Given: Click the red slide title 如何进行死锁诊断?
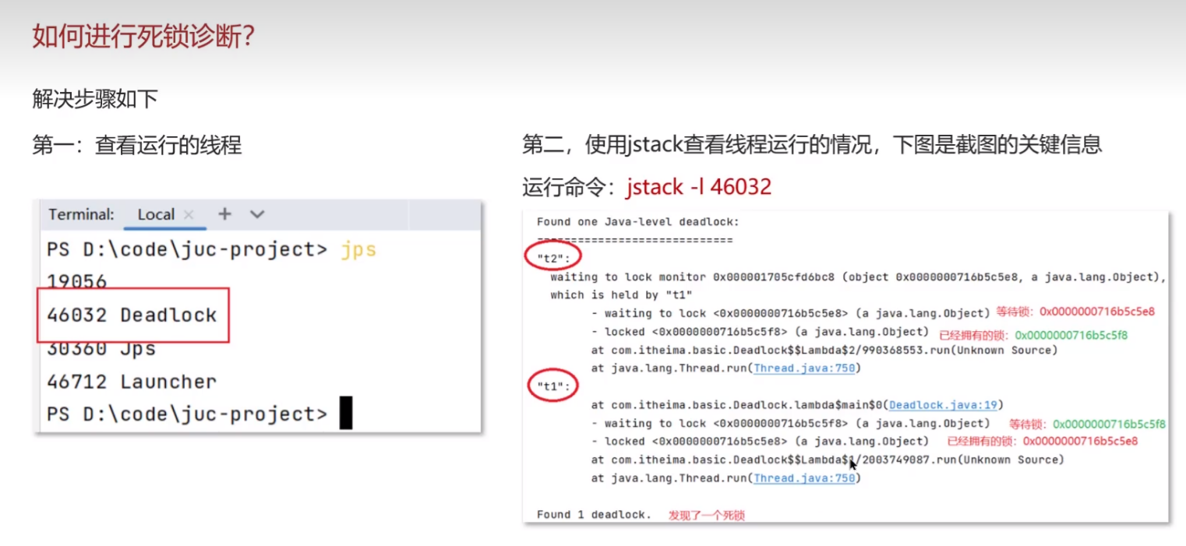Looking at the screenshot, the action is point(143,36).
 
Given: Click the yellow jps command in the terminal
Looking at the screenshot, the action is point(358,249).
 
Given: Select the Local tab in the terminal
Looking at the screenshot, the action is point(156,214).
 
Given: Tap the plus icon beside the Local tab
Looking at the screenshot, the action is point(224,213).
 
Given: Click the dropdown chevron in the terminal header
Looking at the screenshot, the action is point(257,214).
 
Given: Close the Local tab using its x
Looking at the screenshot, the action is point(189,214).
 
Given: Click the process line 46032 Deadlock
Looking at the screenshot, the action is point(132,315).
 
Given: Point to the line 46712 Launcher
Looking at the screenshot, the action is point(132,382).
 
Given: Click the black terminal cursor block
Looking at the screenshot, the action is point(346,413).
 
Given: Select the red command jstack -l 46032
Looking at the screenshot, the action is point(698,187).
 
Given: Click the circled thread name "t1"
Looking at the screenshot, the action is point(552,386).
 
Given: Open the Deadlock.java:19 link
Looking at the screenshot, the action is point(943,405).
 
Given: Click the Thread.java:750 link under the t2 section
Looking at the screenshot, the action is point(804,368).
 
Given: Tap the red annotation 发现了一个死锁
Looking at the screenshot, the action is point(706,516).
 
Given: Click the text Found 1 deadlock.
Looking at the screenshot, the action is point(594,515).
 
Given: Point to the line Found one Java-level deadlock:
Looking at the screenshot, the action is point(637,222).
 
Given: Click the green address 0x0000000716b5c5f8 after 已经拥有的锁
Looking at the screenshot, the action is point(1071,336).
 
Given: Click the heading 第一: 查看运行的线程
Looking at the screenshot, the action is point(136,145).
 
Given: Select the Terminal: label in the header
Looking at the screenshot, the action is point(81,214).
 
